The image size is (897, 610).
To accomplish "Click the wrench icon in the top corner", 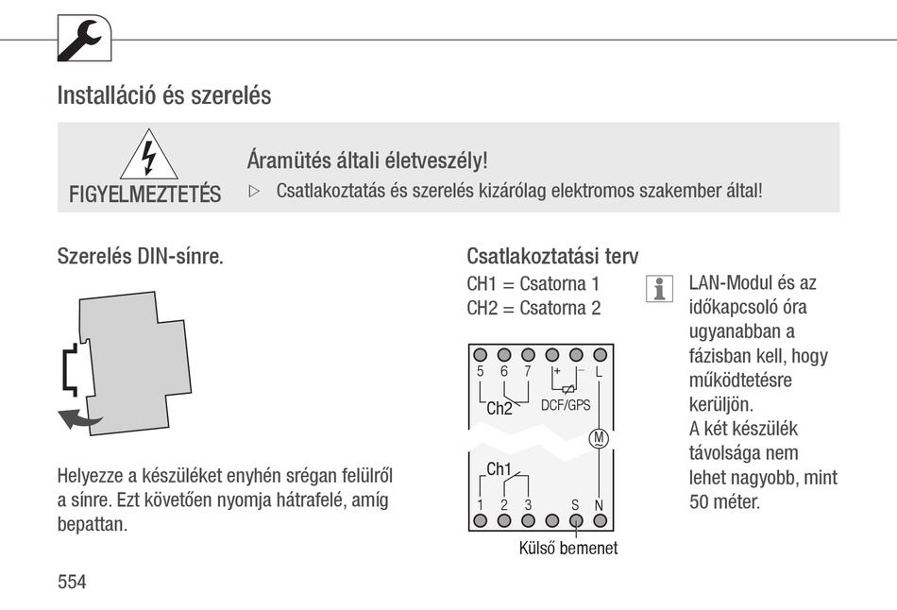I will [x=84, y=40].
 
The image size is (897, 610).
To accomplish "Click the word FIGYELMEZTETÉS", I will [x=144, y=195].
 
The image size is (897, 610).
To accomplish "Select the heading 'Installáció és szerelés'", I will [x=163, y=95].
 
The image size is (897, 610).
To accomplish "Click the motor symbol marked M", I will [x=599, y=438].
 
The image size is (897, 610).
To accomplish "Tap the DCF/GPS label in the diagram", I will [x=565, y=405].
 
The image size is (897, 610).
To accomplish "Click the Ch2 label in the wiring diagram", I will [x=499, y=409].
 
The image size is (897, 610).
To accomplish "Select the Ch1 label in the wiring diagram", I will [x=499, y=469].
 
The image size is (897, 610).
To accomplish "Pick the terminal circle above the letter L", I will [x=599, y=354].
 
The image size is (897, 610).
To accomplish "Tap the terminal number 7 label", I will [x=528, y=371].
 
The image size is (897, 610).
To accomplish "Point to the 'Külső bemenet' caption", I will [x=568, y=548].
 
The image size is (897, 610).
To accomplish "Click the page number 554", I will [x=72, y=582].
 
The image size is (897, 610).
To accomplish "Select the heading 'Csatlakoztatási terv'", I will [x=552, y=257].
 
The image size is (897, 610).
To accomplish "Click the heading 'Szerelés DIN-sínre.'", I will [x=141, y=257].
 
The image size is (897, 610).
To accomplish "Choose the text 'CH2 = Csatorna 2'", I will [x=533, y=308].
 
